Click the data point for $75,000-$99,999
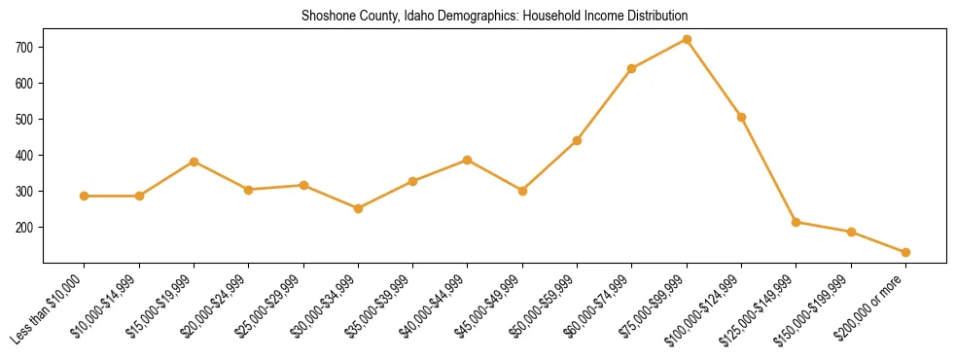coord(687,40)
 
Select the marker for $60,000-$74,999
coord(632,68)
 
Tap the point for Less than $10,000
coord(85,196)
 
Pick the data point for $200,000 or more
coord(905,252)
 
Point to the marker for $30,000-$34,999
coord(358,208)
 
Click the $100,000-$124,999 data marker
coord(741,117)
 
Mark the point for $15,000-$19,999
coord(195,162)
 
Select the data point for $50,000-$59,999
coord(577,140)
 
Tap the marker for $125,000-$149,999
coord(797,222)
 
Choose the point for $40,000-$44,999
coord(468,160)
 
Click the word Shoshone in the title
coord(328,17)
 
